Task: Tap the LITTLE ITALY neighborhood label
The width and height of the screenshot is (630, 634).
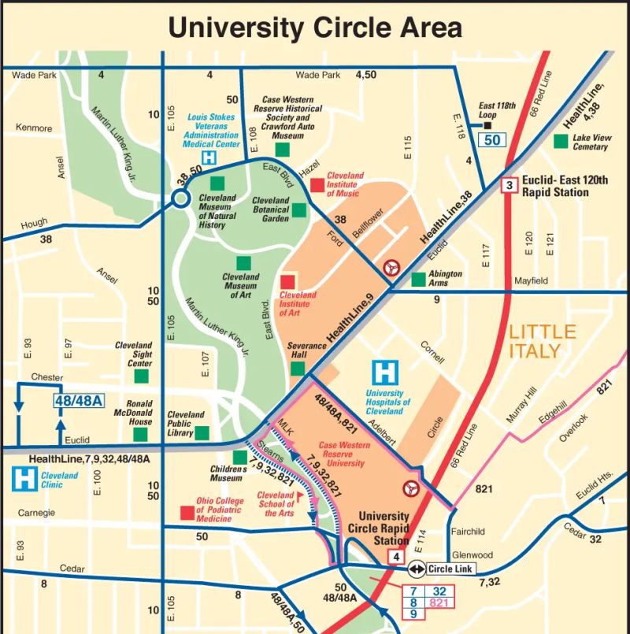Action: (543, 341)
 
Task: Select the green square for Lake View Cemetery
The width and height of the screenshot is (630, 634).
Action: (561, 141)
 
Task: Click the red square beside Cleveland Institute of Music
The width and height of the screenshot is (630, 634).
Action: (317, 185)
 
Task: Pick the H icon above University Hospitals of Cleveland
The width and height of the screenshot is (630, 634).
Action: (385, 372)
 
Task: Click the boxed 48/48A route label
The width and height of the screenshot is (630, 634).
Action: (79, 401)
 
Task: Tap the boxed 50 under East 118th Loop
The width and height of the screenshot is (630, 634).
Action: (492, 140)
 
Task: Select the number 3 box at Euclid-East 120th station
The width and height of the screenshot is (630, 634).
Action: (510, 186)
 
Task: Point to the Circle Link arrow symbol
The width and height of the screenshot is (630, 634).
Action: (416, 569)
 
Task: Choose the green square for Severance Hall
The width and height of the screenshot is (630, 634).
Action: (297, 368)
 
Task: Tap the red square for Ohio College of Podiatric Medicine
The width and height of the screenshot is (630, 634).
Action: (187, 513)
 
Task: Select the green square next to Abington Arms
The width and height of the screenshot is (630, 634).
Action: (419, 280)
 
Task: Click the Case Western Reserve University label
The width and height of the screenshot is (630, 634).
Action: (344, 454)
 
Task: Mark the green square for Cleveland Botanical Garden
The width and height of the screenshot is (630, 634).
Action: (299, 209)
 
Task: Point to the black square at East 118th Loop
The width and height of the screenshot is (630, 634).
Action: (487, 124)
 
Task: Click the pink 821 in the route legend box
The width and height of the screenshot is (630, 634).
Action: (439, 602)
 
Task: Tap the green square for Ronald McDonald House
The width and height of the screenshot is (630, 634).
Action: (141, 434)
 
